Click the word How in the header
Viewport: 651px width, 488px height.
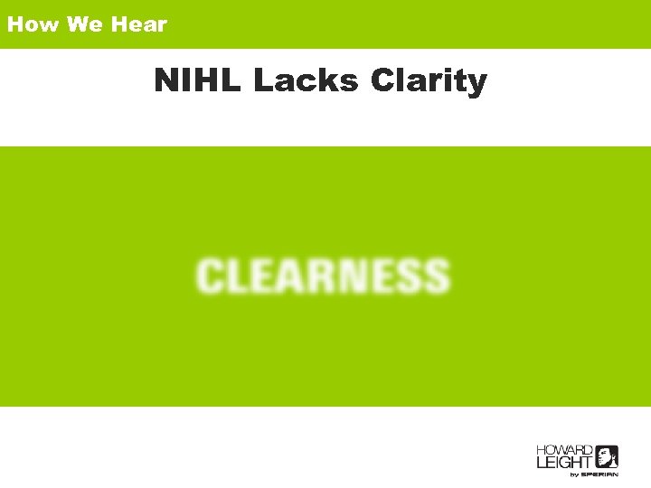[33, 24]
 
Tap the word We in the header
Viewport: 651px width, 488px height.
[85, 24]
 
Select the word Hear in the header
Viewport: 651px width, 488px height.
[139, 24]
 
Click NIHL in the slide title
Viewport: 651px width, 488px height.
[198, 80]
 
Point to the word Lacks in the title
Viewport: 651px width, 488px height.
[307, 80]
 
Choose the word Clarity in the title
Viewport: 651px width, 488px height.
[429, 82]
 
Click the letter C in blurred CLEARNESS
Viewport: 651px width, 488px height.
[212, 276]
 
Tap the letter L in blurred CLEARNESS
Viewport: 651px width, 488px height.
[240, 276]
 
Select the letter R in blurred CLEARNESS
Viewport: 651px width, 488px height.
[325, 276]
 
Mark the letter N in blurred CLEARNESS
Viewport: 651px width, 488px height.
[354, 276]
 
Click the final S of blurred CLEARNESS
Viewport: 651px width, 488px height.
[435, 276]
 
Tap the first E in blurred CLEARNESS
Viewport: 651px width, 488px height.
[266, 276]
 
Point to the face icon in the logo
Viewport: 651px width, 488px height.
[606, 456]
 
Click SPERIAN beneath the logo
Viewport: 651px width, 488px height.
[599, 474]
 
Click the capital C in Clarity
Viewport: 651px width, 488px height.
[382, 80]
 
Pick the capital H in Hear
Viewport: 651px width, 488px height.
[118, 24]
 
